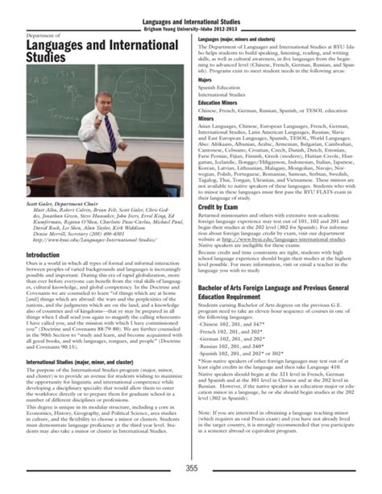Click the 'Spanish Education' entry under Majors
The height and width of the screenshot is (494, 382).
click(222, 89)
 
